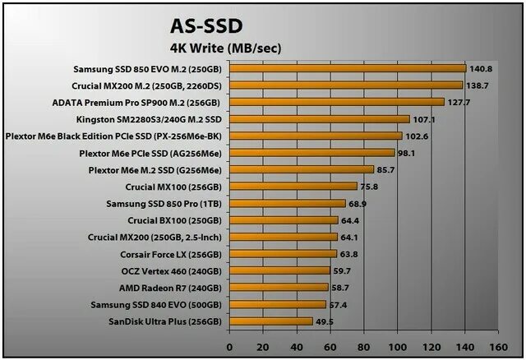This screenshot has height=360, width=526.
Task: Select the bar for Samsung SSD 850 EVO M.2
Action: (348, 68)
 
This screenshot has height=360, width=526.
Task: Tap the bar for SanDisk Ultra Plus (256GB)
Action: (270, 321)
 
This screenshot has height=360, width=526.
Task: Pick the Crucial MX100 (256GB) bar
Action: (293, 187)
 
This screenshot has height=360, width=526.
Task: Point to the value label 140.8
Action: (481, 69)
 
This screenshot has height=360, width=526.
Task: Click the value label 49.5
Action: (325, 321)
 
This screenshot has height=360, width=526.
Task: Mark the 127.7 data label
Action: (459, 103)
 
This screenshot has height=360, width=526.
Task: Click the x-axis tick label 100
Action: (398, 346)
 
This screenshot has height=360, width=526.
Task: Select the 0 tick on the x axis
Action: (229, 346)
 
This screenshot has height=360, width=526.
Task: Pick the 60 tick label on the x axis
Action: (330, 346)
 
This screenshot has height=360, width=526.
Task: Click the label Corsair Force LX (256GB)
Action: (172, 255)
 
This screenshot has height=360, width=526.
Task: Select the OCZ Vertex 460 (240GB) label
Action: (171, 271)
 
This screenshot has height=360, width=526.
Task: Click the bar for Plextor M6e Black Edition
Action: (316, 136)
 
